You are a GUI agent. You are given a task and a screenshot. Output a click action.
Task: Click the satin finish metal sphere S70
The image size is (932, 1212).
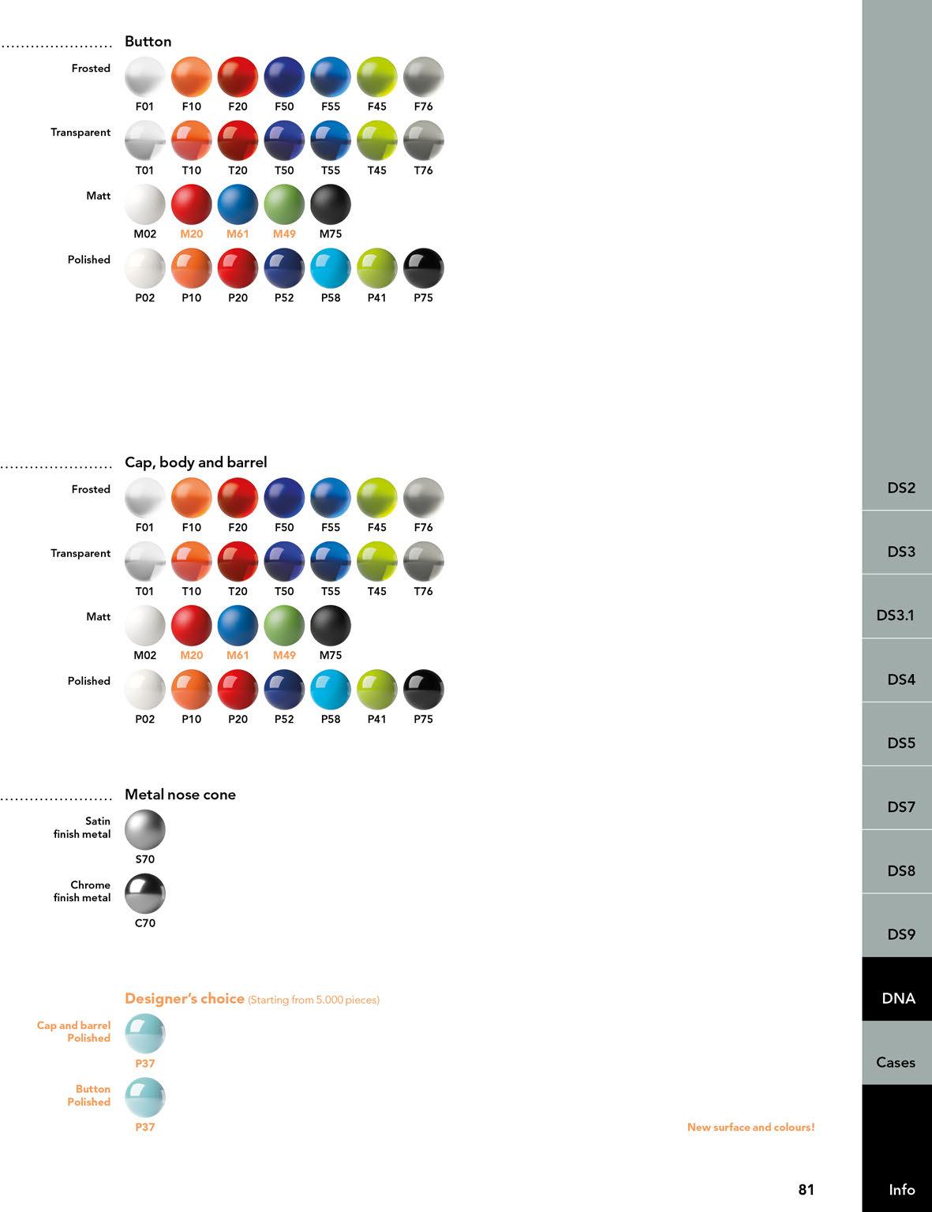pos(145,829)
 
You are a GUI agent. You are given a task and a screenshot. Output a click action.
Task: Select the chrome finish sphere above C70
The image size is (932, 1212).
pos(145,893)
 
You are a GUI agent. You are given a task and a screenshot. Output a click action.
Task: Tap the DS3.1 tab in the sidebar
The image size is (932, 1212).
pos(896,615)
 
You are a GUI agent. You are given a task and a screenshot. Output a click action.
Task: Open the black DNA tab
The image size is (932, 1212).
pos(898,998)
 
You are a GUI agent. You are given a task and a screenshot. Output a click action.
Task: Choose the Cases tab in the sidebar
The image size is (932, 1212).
pos(896,1062)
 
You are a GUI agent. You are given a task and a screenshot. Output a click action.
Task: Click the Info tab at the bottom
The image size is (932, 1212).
pos(901,1189)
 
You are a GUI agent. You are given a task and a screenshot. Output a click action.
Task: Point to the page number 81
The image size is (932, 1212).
pos(806,1189)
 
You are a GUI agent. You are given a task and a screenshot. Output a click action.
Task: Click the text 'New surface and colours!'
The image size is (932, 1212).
pos(750,1127)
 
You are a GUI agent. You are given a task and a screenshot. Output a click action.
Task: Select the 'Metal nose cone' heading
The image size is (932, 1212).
pos(180,795)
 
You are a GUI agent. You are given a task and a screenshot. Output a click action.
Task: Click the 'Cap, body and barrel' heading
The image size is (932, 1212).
pos(196,462)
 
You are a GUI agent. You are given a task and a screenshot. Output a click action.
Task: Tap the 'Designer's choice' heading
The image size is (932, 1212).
pos(185,998)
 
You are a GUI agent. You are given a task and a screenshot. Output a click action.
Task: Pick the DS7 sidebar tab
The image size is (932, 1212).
pos(900,806)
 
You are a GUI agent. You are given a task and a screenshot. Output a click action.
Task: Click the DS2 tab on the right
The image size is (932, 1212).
pos(900,488)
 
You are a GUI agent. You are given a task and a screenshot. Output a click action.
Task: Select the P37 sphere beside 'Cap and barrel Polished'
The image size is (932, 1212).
pos(145,1034)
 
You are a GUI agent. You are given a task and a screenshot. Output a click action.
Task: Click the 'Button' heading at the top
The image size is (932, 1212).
pos(148,42)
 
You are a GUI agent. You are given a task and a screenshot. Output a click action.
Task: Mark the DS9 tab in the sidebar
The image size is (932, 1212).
pos(900,934)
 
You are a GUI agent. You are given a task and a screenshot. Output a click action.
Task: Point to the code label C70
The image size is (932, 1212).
pos(145,923)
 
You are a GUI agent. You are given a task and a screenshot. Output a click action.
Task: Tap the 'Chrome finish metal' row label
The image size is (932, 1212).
pos(83,891)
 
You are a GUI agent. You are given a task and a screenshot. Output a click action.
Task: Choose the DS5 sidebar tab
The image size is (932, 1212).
pos(900,743)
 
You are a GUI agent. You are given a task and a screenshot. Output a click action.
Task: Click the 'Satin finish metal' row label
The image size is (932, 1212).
pos(83,827)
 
